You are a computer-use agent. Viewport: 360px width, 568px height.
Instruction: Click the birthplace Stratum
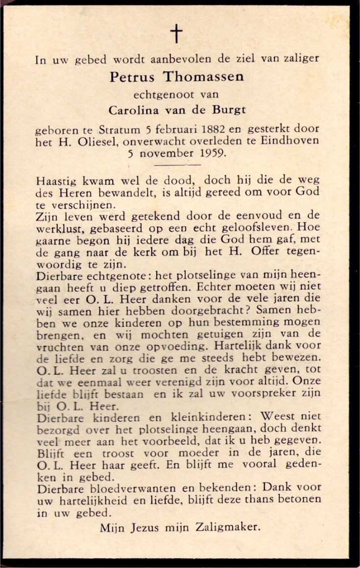pos(119,130)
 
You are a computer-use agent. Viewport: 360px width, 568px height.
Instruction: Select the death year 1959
pos(211,153)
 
